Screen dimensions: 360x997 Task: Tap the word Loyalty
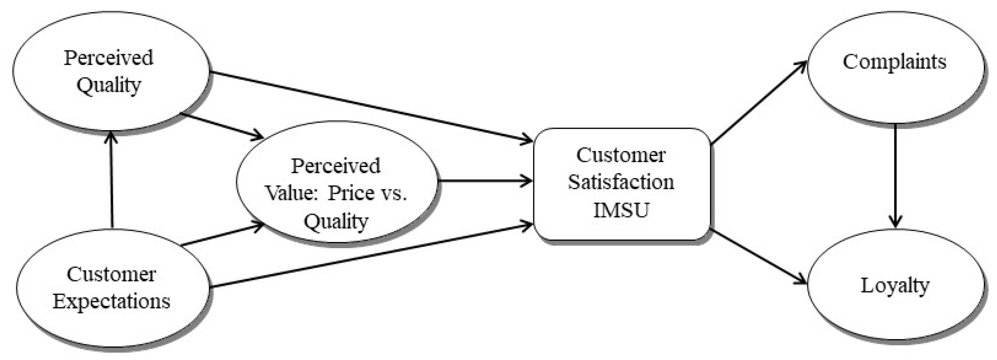tap(895, 286)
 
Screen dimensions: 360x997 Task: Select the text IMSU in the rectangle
tap(621, 210)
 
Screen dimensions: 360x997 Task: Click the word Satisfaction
tap(621, 182)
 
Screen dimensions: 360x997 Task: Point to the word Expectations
tap(112, 302)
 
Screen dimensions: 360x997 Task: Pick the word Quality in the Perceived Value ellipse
tap(336, 221)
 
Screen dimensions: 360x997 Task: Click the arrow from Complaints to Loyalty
tap(895, 174)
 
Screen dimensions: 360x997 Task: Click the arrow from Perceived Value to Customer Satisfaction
tap(484, 181)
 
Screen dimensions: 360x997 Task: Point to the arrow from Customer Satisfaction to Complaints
tap(759, 102)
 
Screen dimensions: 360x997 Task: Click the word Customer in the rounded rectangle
tap(621, 155)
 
